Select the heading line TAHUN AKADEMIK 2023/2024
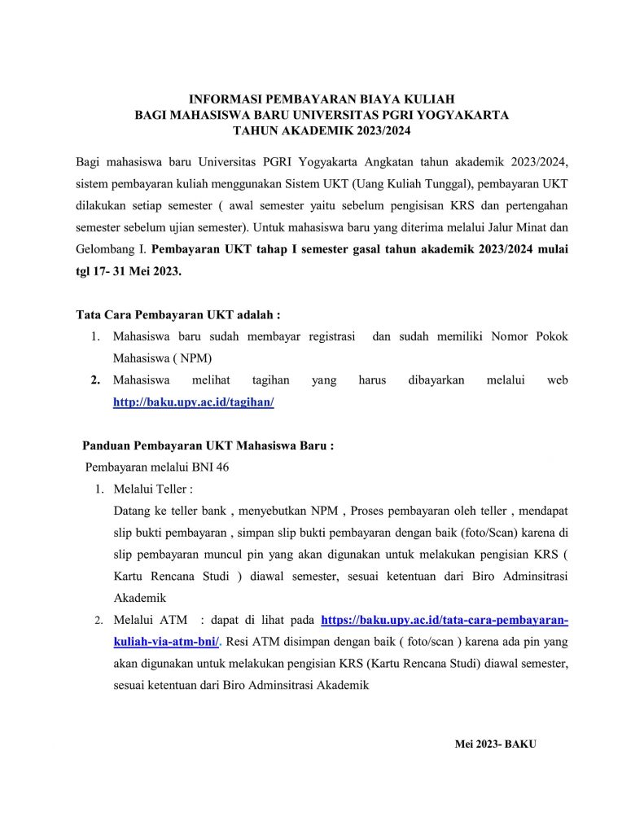coord(321,130)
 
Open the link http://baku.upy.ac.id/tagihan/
coord(193,402)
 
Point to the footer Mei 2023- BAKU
coord(495,744)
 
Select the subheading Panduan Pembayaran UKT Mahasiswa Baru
coord(208,446)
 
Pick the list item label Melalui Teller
coord(152,489)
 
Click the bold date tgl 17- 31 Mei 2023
coord(129,271)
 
